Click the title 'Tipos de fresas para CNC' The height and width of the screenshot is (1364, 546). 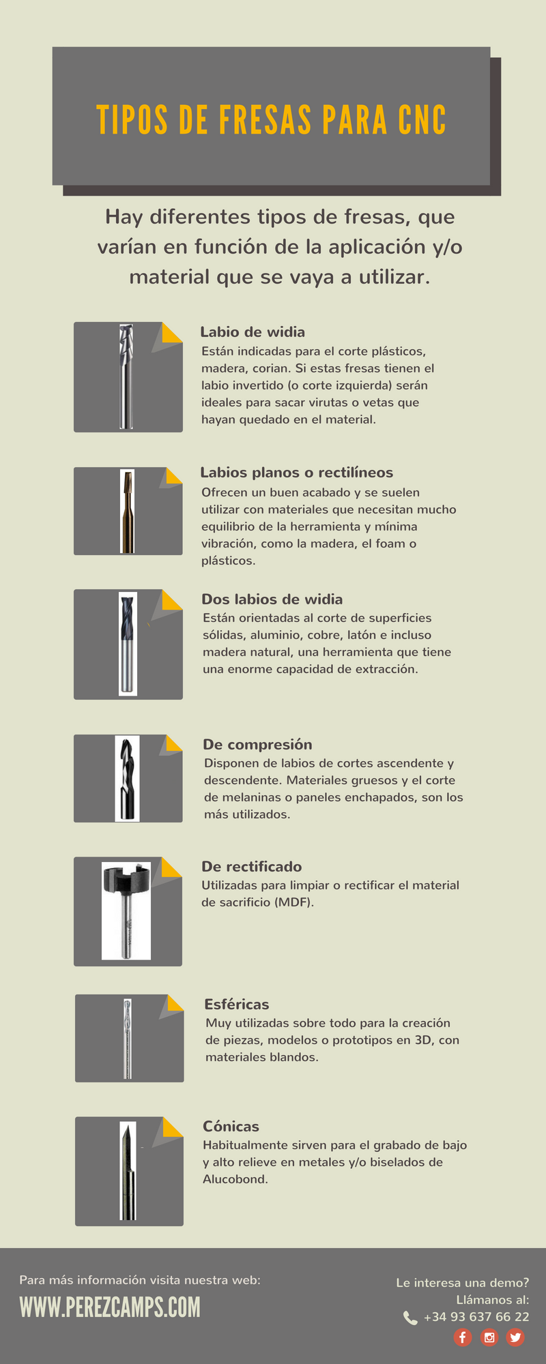point(272,120)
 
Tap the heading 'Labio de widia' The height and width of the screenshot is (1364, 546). point(253,332)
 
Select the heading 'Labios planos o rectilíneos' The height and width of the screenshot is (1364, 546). point(297,473)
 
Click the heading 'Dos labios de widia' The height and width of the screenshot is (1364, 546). point(272,599)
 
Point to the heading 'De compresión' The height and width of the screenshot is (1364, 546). point(257,745)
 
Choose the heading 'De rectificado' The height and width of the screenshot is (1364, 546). point(252,867)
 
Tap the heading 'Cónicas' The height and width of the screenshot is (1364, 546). point(231,1127)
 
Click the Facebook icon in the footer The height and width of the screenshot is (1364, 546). point(463,1337)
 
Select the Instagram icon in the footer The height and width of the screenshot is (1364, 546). point(489,1337)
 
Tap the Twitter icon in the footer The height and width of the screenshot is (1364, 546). point(515,1337)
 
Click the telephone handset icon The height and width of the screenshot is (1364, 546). point(410,1318)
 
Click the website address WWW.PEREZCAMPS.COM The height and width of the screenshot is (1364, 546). point(110,1307)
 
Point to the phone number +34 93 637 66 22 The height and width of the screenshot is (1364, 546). point(476,1317)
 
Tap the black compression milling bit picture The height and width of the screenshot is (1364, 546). point(127,778)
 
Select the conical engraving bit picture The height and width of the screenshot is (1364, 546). point(128,1172)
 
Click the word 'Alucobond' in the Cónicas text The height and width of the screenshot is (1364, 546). point(235,1179)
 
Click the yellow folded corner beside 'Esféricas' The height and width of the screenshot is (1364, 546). point(175,1003)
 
